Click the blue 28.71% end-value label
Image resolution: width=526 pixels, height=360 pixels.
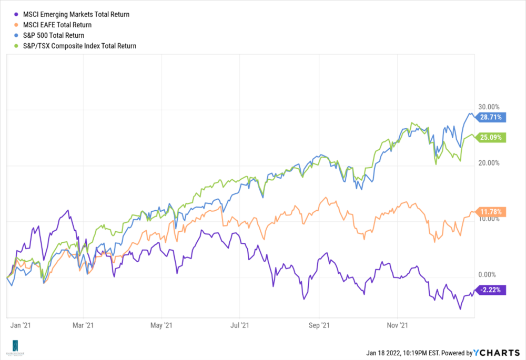point(490,117)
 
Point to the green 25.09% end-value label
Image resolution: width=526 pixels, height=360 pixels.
point(490,138)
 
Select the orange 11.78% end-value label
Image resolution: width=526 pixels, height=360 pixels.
point(490,212)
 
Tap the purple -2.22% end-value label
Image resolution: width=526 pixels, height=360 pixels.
point(490,290)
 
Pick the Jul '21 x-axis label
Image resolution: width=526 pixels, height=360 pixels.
point(240,326)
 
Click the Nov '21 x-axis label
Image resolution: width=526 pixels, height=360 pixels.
point(400,326)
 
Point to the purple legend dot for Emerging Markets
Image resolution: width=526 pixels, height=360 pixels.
point(18,14)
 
